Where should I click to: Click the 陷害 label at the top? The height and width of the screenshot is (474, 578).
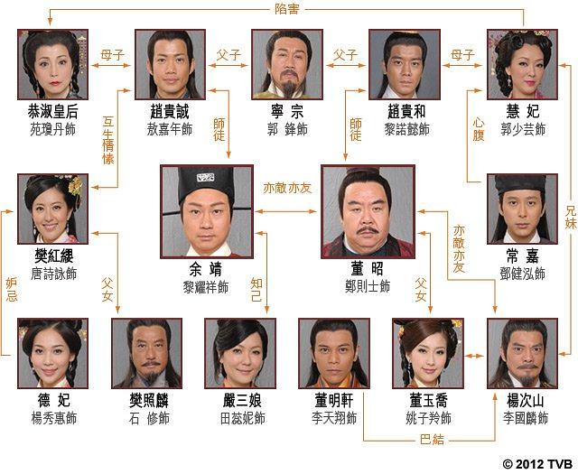click(x=286, y=9)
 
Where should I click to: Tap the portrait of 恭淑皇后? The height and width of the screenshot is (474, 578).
click(x=52, y=64)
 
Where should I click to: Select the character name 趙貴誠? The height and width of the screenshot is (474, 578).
click(x=170, y=111)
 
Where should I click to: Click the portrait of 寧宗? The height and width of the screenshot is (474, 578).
click(x=287, y=64)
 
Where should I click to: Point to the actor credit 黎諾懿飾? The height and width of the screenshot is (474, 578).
click(x=406, y=129)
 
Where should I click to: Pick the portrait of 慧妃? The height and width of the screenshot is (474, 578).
click(x=522, y=64)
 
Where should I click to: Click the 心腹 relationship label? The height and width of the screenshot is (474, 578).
click(x=478, y=129)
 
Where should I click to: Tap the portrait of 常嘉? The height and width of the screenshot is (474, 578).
click(x=522, y=209)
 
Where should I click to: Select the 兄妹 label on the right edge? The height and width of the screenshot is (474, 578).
click(x=570, y=217)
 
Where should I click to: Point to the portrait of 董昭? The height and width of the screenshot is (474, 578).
click(x=368, y=211)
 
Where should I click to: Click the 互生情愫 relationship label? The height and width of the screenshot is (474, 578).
click(x=108, y=140)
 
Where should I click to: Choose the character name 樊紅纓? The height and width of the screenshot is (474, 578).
click(x=54, y=256)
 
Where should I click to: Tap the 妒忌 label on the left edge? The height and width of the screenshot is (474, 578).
click(x=12, y=290)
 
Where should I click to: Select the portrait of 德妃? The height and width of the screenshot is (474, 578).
click(x=52, y=354)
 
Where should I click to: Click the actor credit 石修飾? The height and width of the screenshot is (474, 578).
click(x=149, y=418)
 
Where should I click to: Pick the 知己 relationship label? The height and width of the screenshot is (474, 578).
click(x=256, y=290)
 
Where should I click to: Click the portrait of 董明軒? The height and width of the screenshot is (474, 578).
click(x=334, y=354)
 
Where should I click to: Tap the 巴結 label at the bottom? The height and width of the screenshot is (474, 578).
click(x=432, y=440)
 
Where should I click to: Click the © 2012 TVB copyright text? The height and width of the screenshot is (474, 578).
click(x=537, y=464)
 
